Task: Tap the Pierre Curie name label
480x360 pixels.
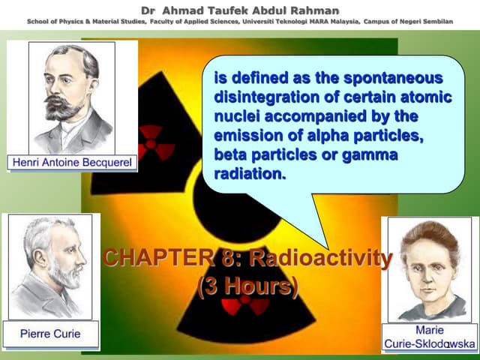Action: click(x=49, y=333)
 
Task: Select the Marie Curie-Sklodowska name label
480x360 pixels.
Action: click(x=430, y=337)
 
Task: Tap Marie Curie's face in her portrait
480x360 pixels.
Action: click(x=427, y=262)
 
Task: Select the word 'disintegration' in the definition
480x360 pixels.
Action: click(x=259, y=97)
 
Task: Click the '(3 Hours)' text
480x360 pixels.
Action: click(x=247, y=286)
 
